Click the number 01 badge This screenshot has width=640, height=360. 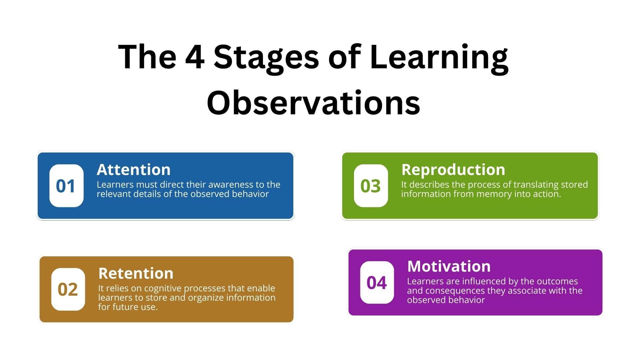point(66,186)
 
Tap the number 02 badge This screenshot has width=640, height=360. point(68,289)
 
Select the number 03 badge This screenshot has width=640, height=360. point(371,186)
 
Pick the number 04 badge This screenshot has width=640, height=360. point(377,282)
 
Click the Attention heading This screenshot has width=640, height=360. point(134,170)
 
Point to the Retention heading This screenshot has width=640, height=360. point(136,273)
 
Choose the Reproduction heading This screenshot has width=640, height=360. point(453,170)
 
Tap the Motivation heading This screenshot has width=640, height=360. point(449,266)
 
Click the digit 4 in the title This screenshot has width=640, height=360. point(195,57)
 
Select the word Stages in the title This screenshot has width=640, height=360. point(266,59)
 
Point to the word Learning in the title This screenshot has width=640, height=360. point(439,59)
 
